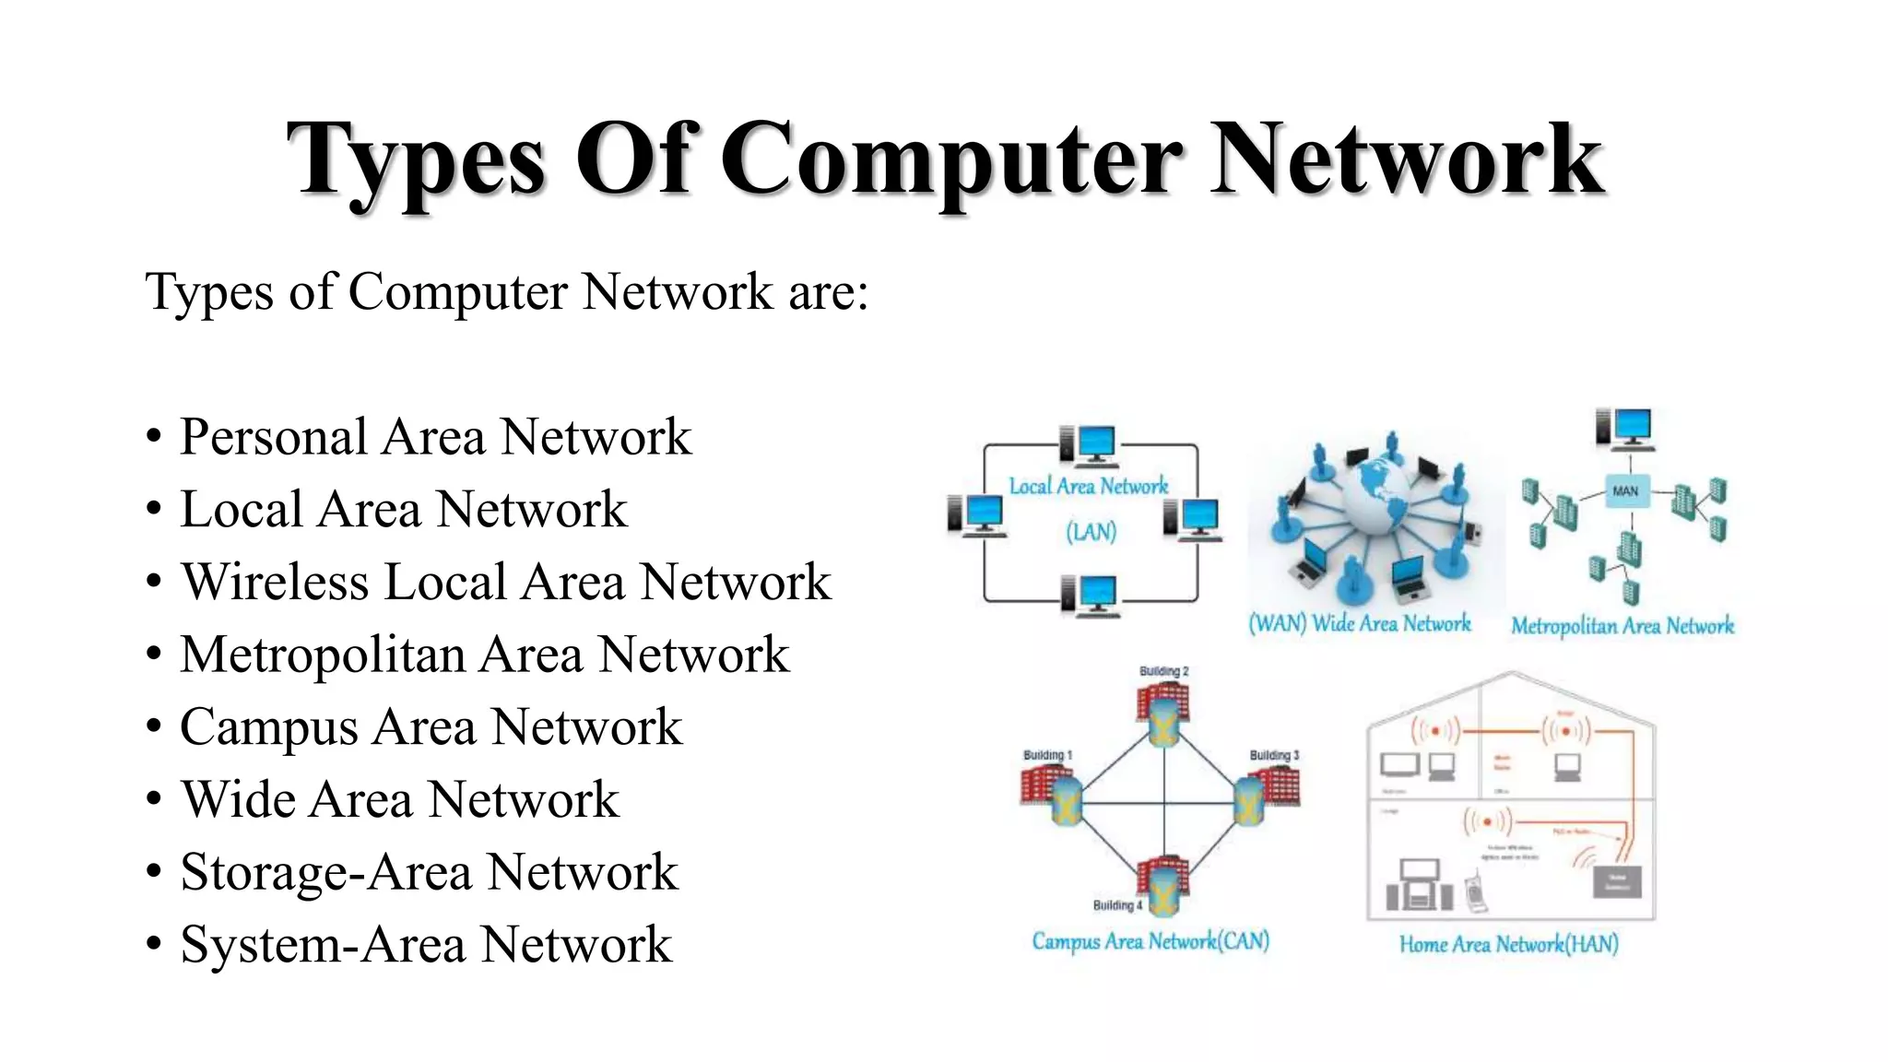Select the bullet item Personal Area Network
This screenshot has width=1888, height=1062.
click(434, 436)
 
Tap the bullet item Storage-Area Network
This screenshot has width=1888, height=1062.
click(429, 871)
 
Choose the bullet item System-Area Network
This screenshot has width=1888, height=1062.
click(426, 944)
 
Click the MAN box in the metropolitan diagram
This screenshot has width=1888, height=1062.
click(1624, 491)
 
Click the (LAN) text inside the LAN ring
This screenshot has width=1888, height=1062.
click(1091, 532)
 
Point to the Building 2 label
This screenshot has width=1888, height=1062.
click(1163, 671)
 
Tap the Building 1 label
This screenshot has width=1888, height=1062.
click(1047, 755)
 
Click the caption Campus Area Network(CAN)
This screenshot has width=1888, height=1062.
click(1150, 941)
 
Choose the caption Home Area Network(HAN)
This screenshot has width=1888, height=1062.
click(1508, 944)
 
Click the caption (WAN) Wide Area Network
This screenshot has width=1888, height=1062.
click(1359, 624)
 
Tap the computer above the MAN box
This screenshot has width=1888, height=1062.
click(1624, 429)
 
